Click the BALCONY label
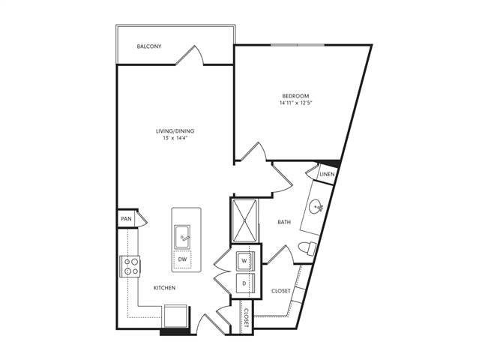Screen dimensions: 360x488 (150, 46)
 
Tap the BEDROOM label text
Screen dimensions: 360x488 (296, 95)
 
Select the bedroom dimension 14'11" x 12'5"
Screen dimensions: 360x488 (296, 103)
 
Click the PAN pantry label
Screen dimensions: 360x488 (125, 220)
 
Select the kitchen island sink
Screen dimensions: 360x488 (184, 238)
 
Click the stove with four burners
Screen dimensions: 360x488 (130, 266)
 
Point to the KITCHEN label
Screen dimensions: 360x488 (165, 288)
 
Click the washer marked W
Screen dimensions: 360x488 (243, 262)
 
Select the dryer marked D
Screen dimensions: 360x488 (243, 283)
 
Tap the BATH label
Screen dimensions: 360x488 (284, 222)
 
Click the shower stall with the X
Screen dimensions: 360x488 (246, 220)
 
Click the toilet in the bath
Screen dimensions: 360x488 (307, 248)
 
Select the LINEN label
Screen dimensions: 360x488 (326, 175)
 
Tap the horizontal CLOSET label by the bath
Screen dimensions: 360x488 (281, 290)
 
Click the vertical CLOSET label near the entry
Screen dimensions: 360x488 (245, 319)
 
